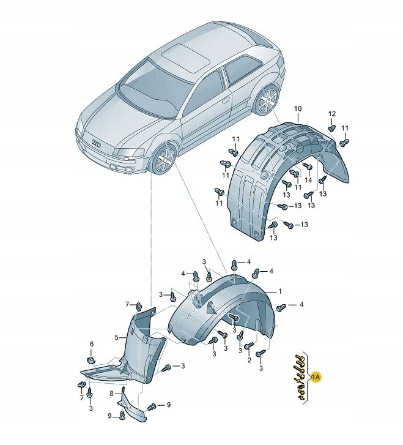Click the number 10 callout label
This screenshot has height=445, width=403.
[298, 109]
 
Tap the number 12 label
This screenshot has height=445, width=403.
[332, 114]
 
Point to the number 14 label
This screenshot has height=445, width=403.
[308, 180]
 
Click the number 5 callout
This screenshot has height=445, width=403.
[116, 337]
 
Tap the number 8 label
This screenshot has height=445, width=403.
[111, 394]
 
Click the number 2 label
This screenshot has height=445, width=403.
[249, 360]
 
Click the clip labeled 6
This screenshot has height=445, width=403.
[90, 360]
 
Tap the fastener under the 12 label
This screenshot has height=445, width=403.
[331, 128]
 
